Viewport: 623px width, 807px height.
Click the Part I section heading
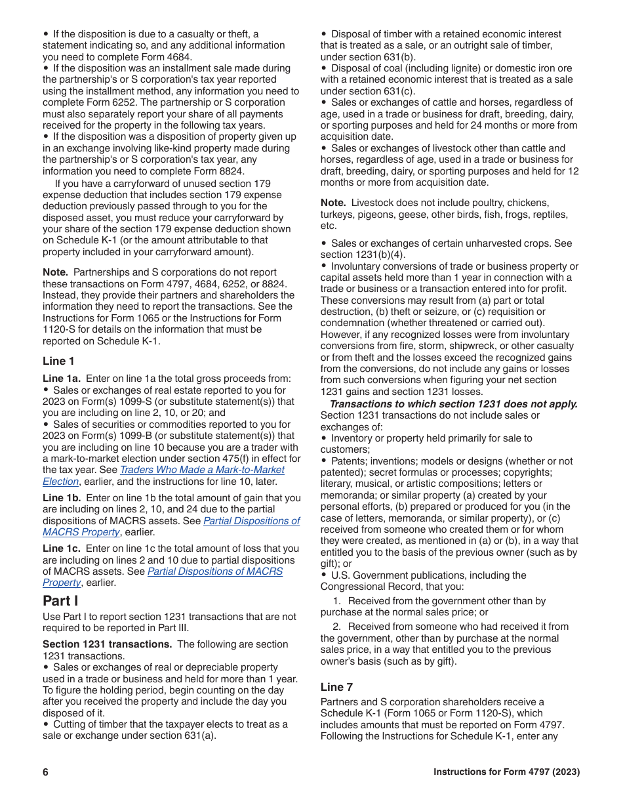[61, 600]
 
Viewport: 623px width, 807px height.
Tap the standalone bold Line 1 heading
[58, 361]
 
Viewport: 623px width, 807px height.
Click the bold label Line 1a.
[62, 378]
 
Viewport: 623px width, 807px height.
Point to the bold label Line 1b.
[62, 498]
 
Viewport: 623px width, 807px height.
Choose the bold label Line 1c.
[62, 548]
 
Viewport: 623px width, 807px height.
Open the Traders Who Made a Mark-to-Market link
[202, 470]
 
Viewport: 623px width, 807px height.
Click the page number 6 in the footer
[46, 772]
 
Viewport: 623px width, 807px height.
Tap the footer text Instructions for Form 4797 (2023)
[506, 772]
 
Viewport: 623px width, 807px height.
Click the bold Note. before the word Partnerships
[55, 272]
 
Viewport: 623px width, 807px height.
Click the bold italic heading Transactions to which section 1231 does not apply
[453, 403]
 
